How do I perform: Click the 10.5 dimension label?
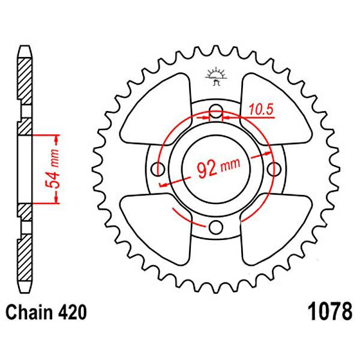[x=261, y=109]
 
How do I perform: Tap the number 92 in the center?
[x=207, y=169]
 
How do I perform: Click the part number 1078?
[x=329, y=311]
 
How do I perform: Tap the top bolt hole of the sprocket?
[x=216, y=112]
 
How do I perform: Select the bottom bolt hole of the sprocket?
[x=216, y=227]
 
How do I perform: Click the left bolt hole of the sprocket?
[x=158, y=169]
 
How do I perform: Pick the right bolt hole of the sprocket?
[x=274, y=169]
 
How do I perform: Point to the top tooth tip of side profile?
[x=25, y=47]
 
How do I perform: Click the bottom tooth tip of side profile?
[x=25, y=292]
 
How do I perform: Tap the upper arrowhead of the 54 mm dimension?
[x=56, y=140]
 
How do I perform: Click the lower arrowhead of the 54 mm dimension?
[x=56, y=198]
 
